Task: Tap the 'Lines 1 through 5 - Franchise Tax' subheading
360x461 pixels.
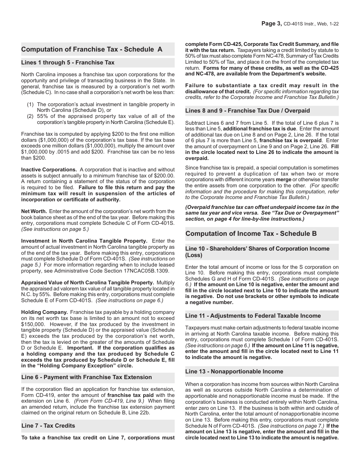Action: (x=68, y=63)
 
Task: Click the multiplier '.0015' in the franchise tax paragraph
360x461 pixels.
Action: (x=69, y=146)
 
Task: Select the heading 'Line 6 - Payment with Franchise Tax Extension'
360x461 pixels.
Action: (x=86, y=377)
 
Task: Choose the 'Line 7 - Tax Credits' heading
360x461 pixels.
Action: (x=48, y=426)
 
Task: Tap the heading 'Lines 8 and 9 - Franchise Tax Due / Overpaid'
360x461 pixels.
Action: (x=247, y=111)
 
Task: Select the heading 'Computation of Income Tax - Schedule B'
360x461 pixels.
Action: (x=251, y=234)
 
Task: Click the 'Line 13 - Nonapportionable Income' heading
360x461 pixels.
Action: (x=234, y=372)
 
